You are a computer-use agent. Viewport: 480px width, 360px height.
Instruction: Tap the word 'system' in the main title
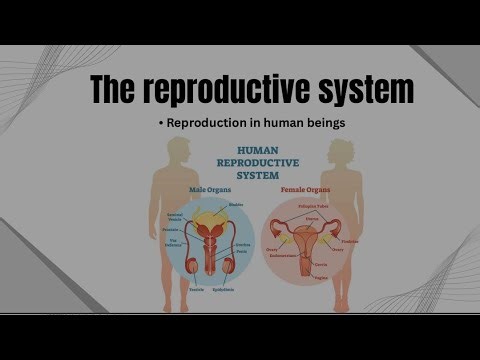coord(365,90)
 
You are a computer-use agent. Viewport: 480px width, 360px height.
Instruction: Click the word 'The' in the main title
coord(119,90)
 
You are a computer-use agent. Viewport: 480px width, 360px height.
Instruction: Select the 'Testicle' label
coord(196,289)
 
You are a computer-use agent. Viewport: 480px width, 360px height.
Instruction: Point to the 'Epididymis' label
coord(238,289)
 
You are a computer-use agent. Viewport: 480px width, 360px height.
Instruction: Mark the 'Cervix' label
coord(321,267)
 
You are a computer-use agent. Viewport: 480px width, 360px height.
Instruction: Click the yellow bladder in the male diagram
coord(210,213)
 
